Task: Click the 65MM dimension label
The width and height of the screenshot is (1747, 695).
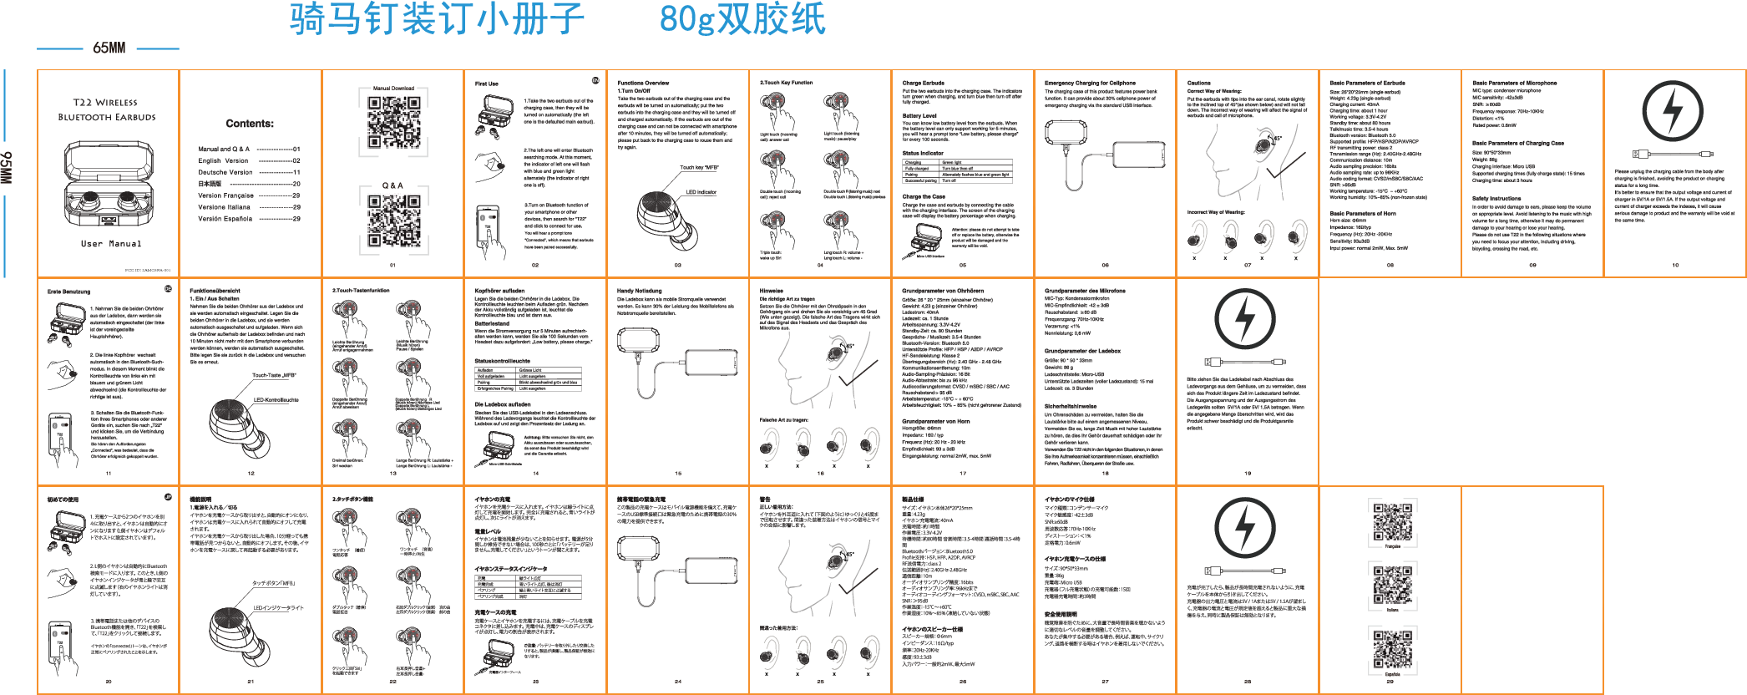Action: tap(109, 48)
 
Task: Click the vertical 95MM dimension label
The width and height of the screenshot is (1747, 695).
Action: tap(7, 167)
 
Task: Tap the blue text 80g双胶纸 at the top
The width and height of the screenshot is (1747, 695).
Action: tap(742, 18)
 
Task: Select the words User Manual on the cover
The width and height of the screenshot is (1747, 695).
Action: tap(111, 244)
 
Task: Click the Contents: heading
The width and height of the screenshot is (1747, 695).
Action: tap(250, 124)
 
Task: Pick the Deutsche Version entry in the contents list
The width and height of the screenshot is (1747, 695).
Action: tap(225, 172)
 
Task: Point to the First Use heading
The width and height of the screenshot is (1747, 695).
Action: tap(487, 84)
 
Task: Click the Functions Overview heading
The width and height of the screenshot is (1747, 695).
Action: tap(643, 83)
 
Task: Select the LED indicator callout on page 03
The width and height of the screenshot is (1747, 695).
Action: tap(701, 192)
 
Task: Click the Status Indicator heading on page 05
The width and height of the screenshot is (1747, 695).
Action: tap(923, 153)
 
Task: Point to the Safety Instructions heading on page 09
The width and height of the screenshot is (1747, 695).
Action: tap(1496, 199)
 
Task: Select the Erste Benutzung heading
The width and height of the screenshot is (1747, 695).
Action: tap(68, 292)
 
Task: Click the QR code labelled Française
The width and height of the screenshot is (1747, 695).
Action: tap(1392, 521)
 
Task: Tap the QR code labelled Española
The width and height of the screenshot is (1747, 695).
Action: tap(1392, 649)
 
